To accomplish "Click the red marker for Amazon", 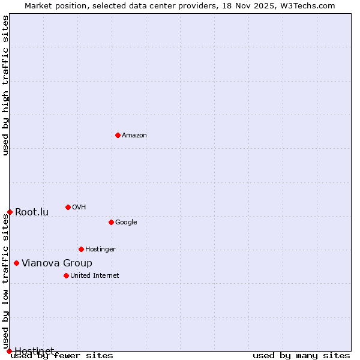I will tap(118, 135).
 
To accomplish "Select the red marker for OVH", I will tap(68, 207).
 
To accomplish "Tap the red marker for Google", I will tap(111, 222).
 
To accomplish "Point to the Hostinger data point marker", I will tap(81, 249).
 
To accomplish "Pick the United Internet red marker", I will tap(66, 275).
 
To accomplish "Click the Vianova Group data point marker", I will tap(16, 263).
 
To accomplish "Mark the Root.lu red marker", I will tap(10, 212).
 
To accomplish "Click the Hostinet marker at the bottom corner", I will tap(9, 351).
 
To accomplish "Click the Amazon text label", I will tap(134, 136).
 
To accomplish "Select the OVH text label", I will tap(79, 208).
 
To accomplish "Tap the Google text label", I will tap(126, 223).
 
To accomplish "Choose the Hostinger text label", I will tap(100, 250).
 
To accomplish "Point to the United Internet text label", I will tap(95, 276).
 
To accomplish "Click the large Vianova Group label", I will tap(57, 263).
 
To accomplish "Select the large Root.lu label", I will tap(32, 212).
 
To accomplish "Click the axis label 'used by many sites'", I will tap(301, 356).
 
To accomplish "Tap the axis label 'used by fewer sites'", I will tap(62, 356).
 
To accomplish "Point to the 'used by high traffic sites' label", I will tap(6, 85).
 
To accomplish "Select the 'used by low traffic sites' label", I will tap(6, 282).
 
